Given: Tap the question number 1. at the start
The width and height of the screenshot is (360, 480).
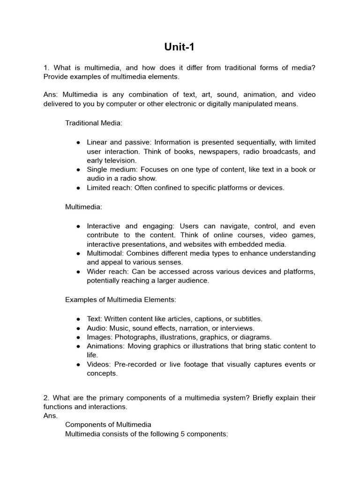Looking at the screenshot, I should (46, 68).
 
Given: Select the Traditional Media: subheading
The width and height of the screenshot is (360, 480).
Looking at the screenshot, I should (94, 123).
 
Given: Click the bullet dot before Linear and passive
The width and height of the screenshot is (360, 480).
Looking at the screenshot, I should (78, 142).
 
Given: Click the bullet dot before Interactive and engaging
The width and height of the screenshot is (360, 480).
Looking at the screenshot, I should (78, 226).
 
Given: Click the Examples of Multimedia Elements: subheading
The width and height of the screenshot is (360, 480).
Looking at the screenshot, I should (120, 299).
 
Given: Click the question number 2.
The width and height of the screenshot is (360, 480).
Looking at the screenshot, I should (46, 398).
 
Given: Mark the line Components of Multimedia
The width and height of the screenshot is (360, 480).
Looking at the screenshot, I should (108, 425).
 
